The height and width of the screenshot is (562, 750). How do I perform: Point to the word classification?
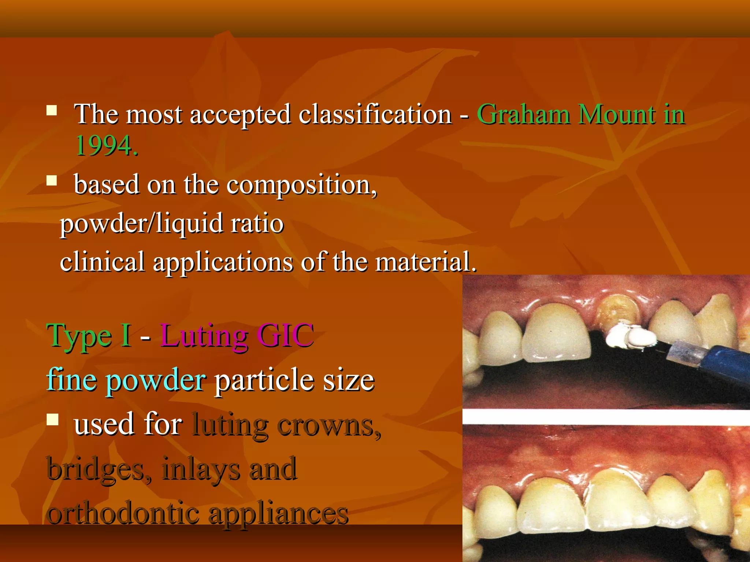(x=375, y=115)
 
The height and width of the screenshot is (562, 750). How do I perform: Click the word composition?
(x=301, y=185)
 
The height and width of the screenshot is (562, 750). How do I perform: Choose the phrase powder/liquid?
(x=141, y=224)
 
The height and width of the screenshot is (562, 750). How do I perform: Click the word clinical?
(x=102, y=262)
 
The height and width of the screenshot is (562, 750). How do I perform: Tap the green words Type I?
(x=89, y=336)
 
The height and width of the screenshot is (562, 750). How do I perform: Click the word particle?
(x=264, y=381)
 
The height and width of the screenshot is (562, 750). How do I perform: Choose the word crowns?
(x=328, y=425)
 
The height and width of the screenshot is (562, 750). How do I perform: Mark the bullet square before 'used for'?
(x=52, y=420)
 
